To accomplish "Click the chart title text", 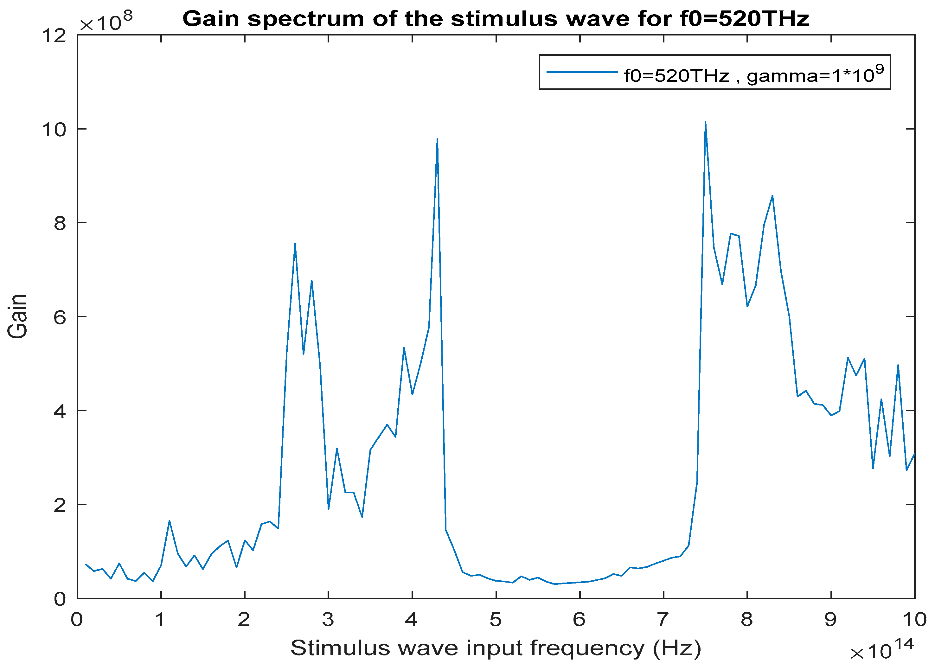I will point(496,19).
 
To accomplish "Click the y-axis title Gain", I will point(18,317).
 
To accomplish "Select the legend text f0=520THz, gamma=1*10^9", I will point(753,75).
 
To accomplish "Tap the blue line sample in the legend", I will point(582,72).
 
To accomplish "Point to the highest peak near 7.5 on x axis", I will point(705,122).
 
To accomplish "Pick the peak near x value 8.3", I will point(772,196).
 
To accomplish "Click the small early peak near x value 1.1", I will point(170,521).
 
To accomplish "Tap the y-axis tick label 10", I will point(54,130).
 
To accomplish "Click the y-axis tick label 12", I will point(54,35).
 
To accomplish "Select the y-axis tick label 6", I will point(60,317).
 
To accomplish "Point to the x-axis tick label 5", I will point(496,620).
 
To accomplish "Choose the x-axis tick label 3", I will point(328,620).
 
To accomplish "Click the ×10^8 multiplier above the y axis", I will point(106,22).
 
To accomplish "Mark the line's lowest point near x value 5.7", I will point(555,584).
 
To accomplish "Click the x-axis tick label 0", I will point(77,620).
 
